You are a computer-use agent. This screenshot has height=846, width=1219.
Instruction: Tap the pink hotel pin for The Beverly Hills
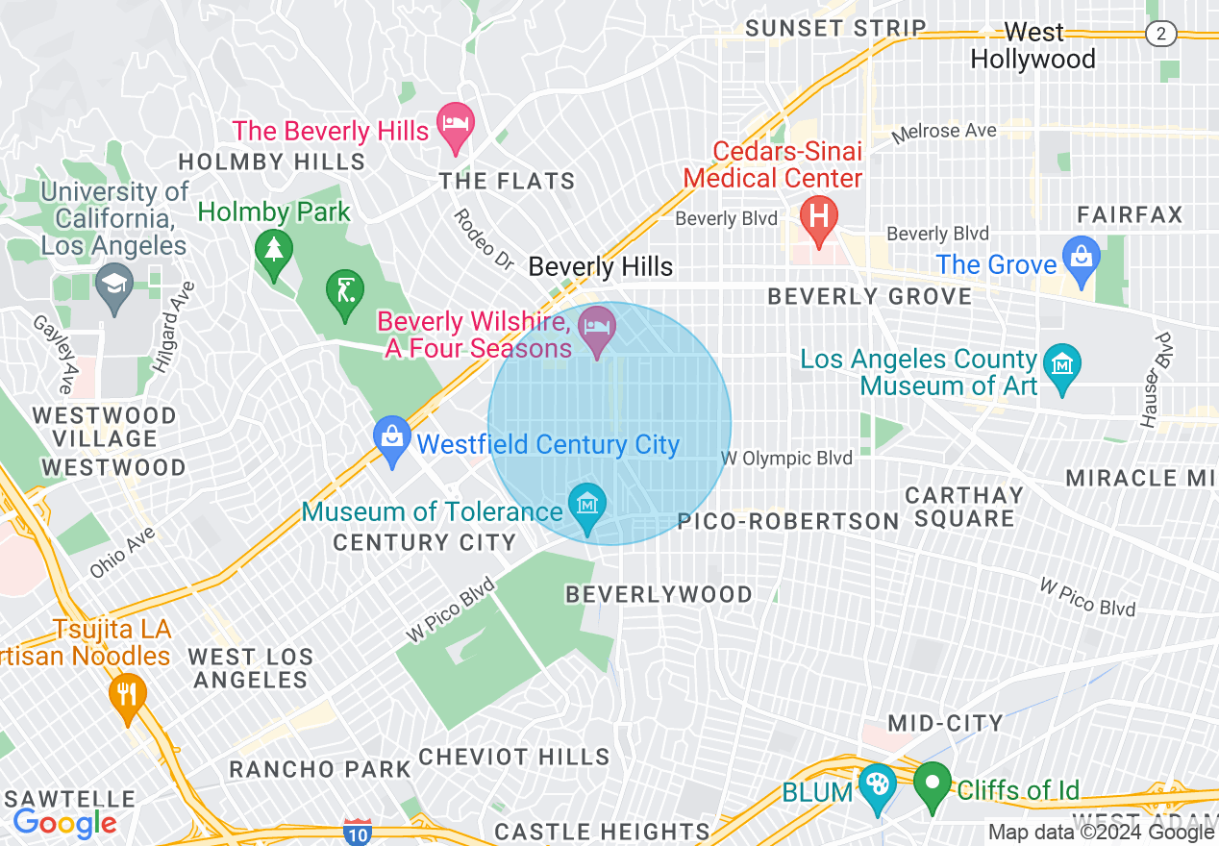[456, 124]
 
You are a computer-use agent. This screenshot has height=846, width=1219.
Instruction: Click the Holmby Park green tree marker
[274, 252]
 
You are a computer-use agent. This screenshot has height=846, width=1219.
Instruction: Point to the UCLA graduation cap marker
[114, 286]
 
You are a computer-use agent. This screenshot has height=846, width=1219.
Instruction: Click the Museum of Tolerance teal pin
[587, 506]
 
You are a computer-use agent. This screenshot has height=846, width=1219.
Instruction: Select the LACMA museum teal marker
[1061, 366]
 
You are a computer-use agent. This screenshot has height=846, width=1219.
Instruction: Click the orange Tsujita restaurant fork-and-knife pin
[127, 694]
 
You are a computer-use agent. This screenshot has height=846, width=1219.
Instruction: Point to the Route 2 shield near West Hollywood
[1161, 34]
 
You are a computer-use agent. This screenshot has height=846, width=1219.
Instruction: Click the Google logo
[64, 823]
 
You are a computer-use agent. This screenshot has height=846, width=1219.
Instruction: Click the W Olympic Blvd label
[786, 459]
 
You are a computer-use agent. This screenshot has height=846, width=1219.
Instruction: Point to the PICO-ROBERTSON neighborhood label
[788, 521]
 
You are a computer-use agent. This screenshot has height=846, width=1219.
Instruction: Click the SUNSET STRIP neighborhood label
[835, 28]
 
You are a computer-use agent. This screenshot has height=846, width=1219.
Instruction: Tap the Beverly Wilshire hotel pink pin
[597, 329]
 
